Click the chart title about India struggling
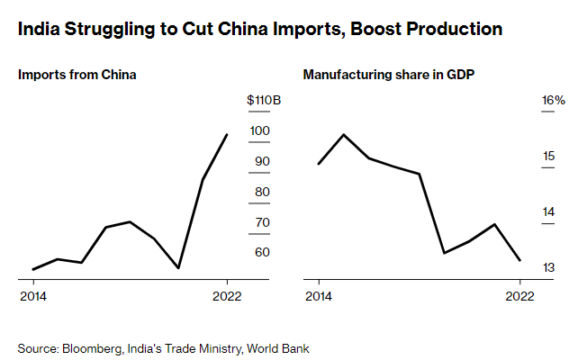pos(260,30)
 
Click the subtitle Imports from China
pos(77,75)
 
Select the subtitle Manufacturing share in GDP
pos(388,75)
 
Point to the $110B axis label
pos(264,100)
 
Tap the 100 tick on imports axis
pos(259,130)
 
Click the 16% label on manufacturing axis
pos(552,100)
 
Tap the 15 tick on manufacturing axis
pos(547,157)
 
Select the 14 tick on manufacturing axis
pos(547,211)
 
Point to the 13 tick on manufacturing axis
pos(547,267)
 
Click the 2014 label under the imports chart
pos(33,295)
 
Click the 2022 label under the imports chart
pos(227,295)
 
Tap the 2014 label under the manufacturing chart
pos(318,295)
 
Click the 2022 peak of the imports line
pos(227,134)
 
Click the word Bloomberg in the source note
pos(91,347)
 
